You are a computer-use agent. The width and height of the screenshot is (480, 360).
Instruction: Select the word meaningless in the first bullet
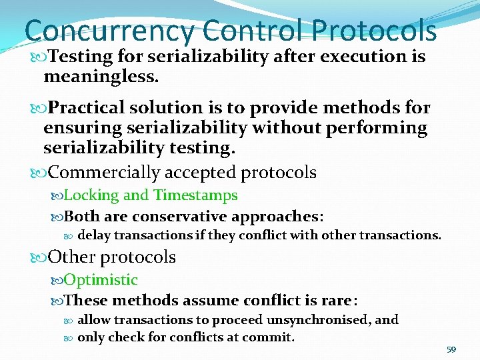pos(100,77)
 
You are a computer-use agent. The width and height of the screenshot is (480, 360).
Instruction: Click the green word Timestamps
pos(195,195)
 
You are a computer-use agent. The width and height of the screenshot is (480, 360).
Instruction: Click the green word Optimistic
pos(101,280)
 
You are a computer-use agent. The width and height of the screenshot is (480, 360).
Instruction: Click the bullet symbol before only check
pos(71,337)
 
